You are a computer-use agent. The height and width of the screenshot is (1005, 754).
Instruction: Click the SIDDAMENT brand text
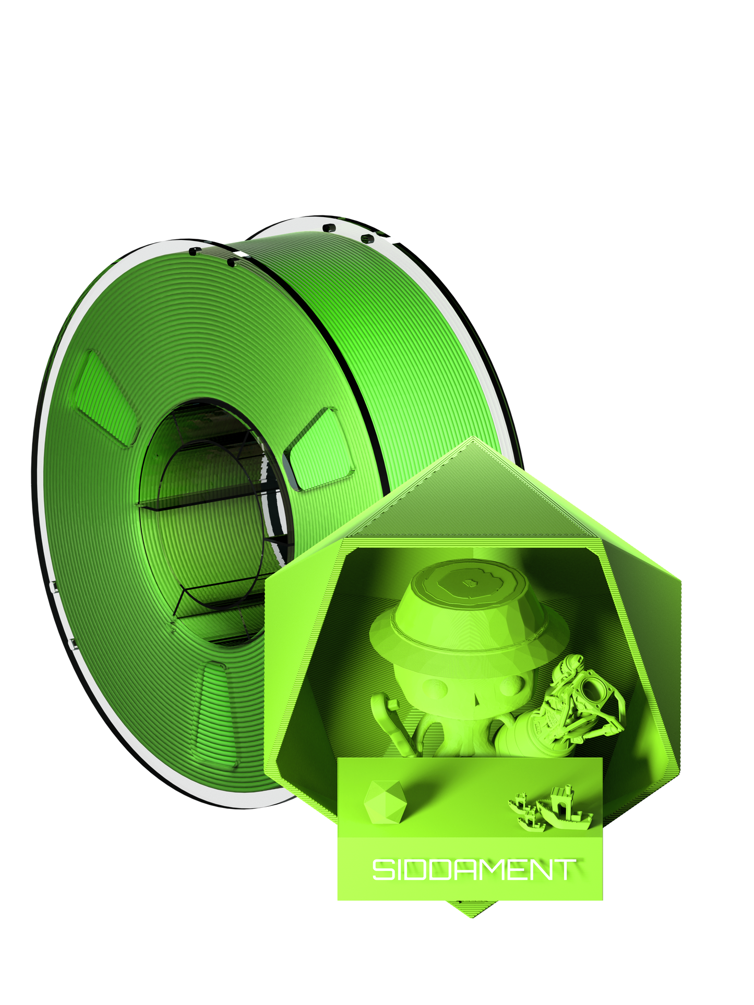[x=474, y=869]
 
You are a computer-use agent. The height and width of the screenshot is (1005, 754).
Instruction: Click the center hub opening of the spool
[x=214, y=522]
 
